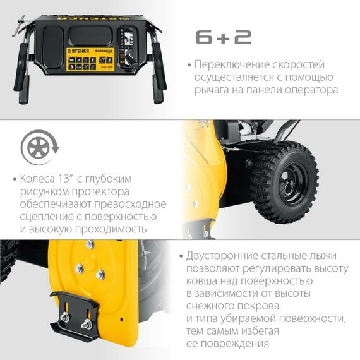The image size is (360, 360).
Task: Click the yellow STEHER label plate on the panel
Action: pyautogui.click(x=95, y=62)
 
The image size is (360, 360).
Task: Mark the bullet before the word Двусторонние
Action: pyautogui.click(x=181, y=256)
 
